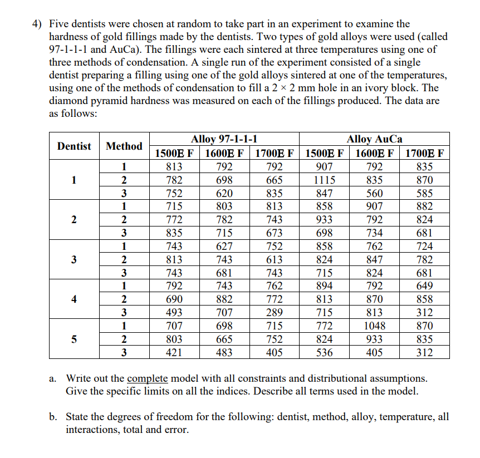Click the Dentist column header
click(74, 146)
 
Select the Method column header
click(124, 146)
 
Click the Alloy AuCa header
click(374, 139)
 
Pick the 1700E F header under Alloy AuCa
click(424, 154)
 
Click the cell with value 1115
click(324, 180)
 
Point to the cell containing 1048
click(374, 326)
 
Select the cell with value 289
click(274, 313)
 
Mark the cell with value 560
click(374, 194)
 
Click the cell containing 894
click(324, 286)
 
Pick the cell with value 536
click(324, 353)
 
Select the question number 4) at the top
click(37, 24)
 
